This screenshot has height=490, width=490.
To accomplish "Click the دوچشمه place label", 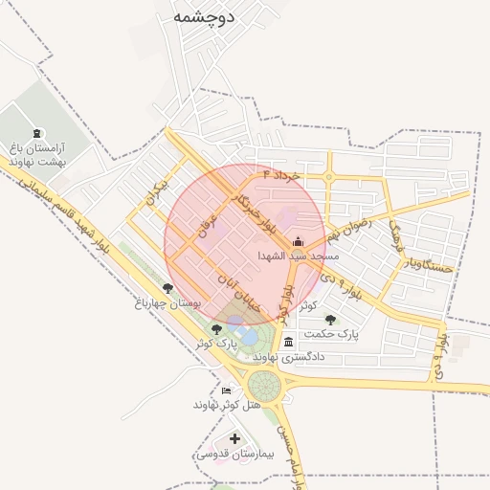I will (206, 17).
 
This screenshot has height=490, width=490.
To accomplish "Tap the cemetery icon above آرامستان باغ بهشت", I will (37, 133).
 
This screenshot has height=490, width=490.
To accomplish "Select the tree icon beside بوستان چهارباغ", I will (167, 287).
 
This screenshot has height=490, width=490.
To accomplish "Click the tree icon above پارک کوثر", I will (216, 329).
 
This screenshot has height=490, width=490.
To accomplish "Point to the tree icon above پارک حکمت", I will (330, 320).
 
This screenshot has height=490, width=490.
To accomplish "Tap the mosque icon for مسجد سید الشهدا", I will (297, 241).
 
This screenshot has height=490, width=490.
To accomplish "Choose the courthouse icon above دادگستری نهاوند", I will (288, 342).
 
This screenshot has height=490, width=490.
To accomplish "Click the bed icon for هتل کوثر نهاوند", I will (226, 390).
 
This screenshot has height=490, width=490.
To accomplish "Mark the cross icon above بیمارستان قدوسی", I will (235, 438).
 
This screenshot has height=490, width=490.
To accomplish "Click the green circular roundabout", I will (264, 387).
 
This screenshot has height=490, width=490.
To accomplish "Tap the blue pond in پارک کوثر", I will (247, 337).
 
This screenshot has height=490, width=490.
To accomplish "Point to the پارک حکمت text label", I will (331, 335).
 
